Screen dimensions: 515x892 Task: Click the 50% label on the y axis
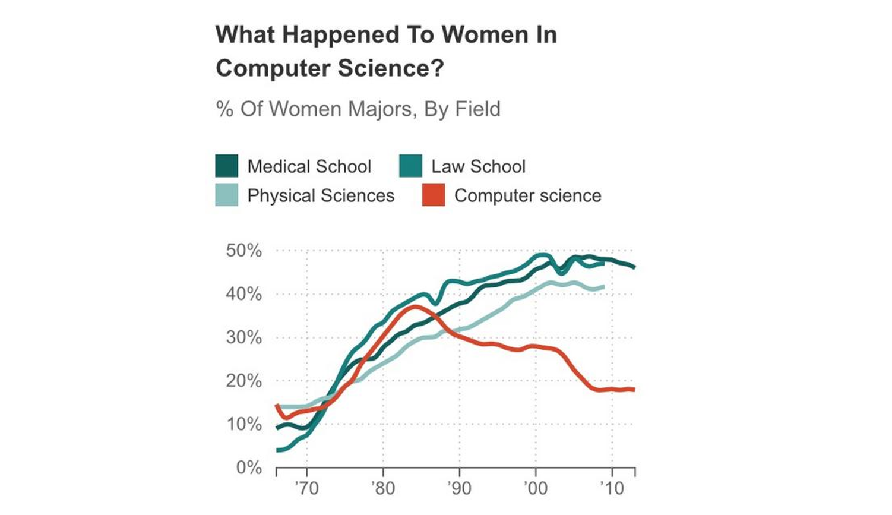[x=243, y=251]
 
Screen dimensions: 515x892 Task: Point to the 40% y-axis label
[x=243, y=294]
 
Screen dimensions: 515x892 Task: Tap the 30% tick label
[x=243, y=337]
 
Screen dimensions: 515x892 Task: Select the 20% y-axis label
[x=243, y=381]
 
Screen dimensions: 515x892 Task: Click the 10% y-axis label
[x=243, y=424]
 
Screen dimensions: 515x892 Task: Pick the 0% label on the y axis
[x=249, y=467]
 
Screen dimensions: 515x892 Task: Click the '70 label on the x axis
[x=306, y=488]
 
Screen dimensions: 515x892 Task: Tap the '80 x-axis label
[x=383, y=488]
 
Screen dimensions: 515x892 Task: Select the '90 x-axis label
[x=459, y=488]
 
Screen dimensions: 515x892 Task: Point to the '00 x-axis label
[x=536, y=488]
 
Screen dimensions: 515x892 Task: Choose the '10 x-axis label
[x=612, y=488]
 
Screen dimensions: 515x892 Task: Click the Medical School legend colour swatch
[x=227, y=166]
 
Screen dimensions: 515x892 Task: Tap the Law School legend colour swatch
[x=411, y=166]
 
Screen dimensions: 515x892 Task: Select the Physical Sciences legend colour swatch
[x=227, y=195]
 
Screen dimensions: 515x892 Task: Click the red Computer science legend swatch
[x=434, y=195]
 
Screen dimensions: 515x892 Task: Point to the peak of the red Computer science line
[x=415, y=307]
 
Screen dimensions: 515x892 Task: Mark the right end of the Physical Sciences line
[x=603, y=287]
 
